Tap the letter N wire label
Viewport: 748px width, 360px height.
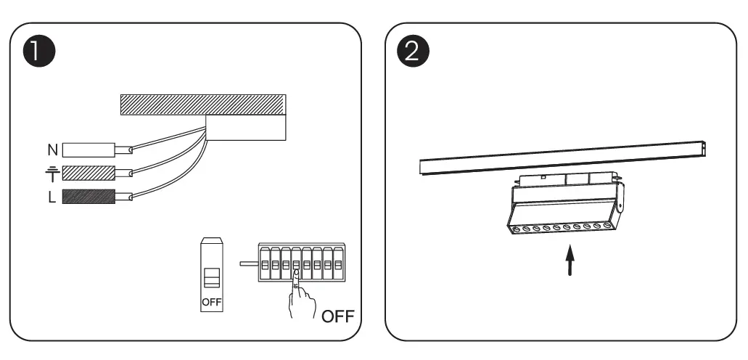52,150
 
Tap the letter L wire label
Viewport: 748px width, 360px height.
52,197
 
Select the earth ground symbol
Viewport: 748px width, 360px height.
52,173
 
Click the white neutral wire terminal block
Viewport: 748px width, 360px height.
89,150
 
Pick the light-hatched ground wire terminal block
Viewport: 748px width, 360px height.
89,173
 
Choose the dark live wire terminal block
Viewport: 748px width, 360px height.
89,196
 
